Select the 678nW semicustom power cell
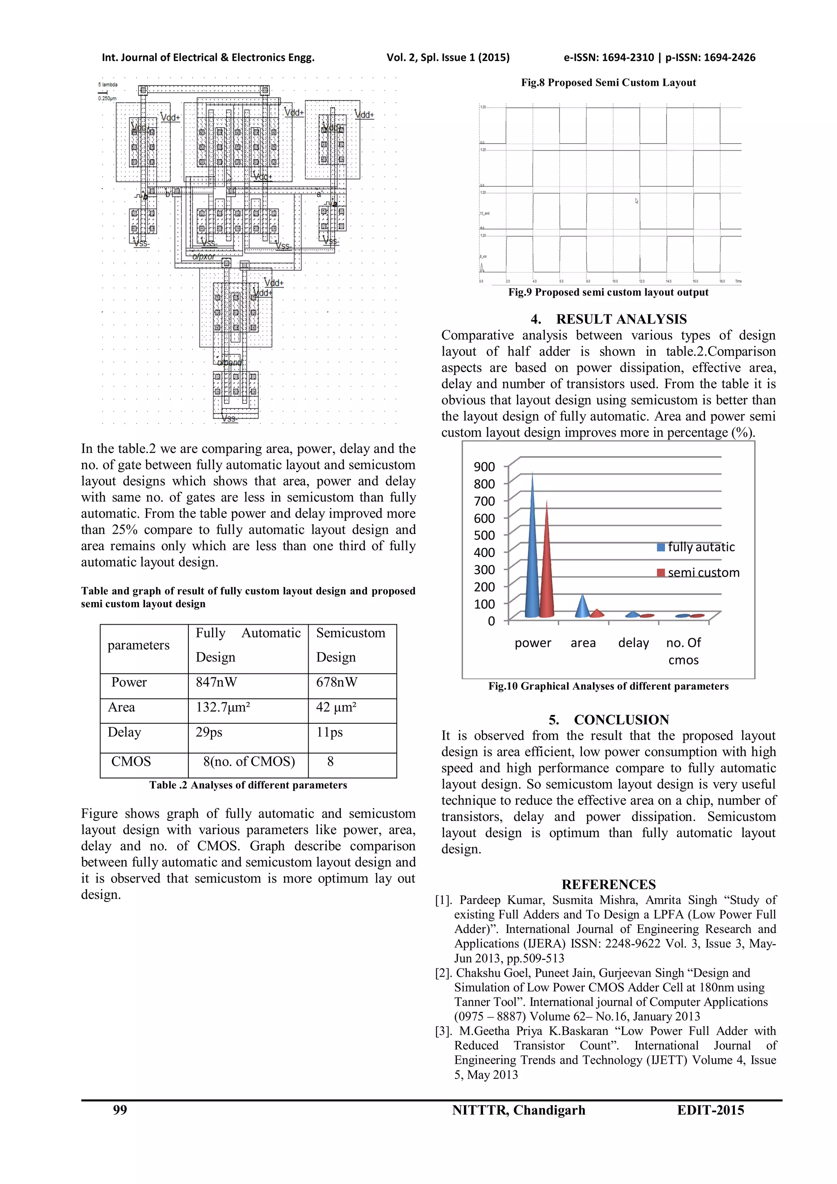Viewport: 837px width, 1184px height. pos(336,682)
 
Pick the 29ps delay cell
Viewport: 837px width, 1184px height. pos(209,732)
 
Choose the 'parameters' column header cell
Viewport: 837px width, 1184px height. pos(138,645)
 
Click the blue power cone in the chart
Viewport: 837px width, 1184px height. pos(532,557)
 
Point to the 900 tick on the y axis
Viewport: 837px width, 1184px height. pos(484,466)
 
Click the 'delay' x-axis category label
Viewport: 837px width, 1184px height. pos(633,643)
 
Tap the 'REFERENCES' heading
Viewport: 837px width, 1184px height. pos(608,885)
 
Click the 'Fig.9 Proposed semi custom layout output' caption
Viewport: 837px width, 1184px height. pos(608,292)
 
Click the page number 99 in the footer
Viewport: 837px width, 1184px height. pos(120,1110)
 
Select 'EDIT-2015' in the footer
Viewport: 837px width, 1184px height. pos(710,1110)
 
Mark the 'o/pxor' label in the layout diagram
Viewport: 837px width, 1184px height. pos(204,256)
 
